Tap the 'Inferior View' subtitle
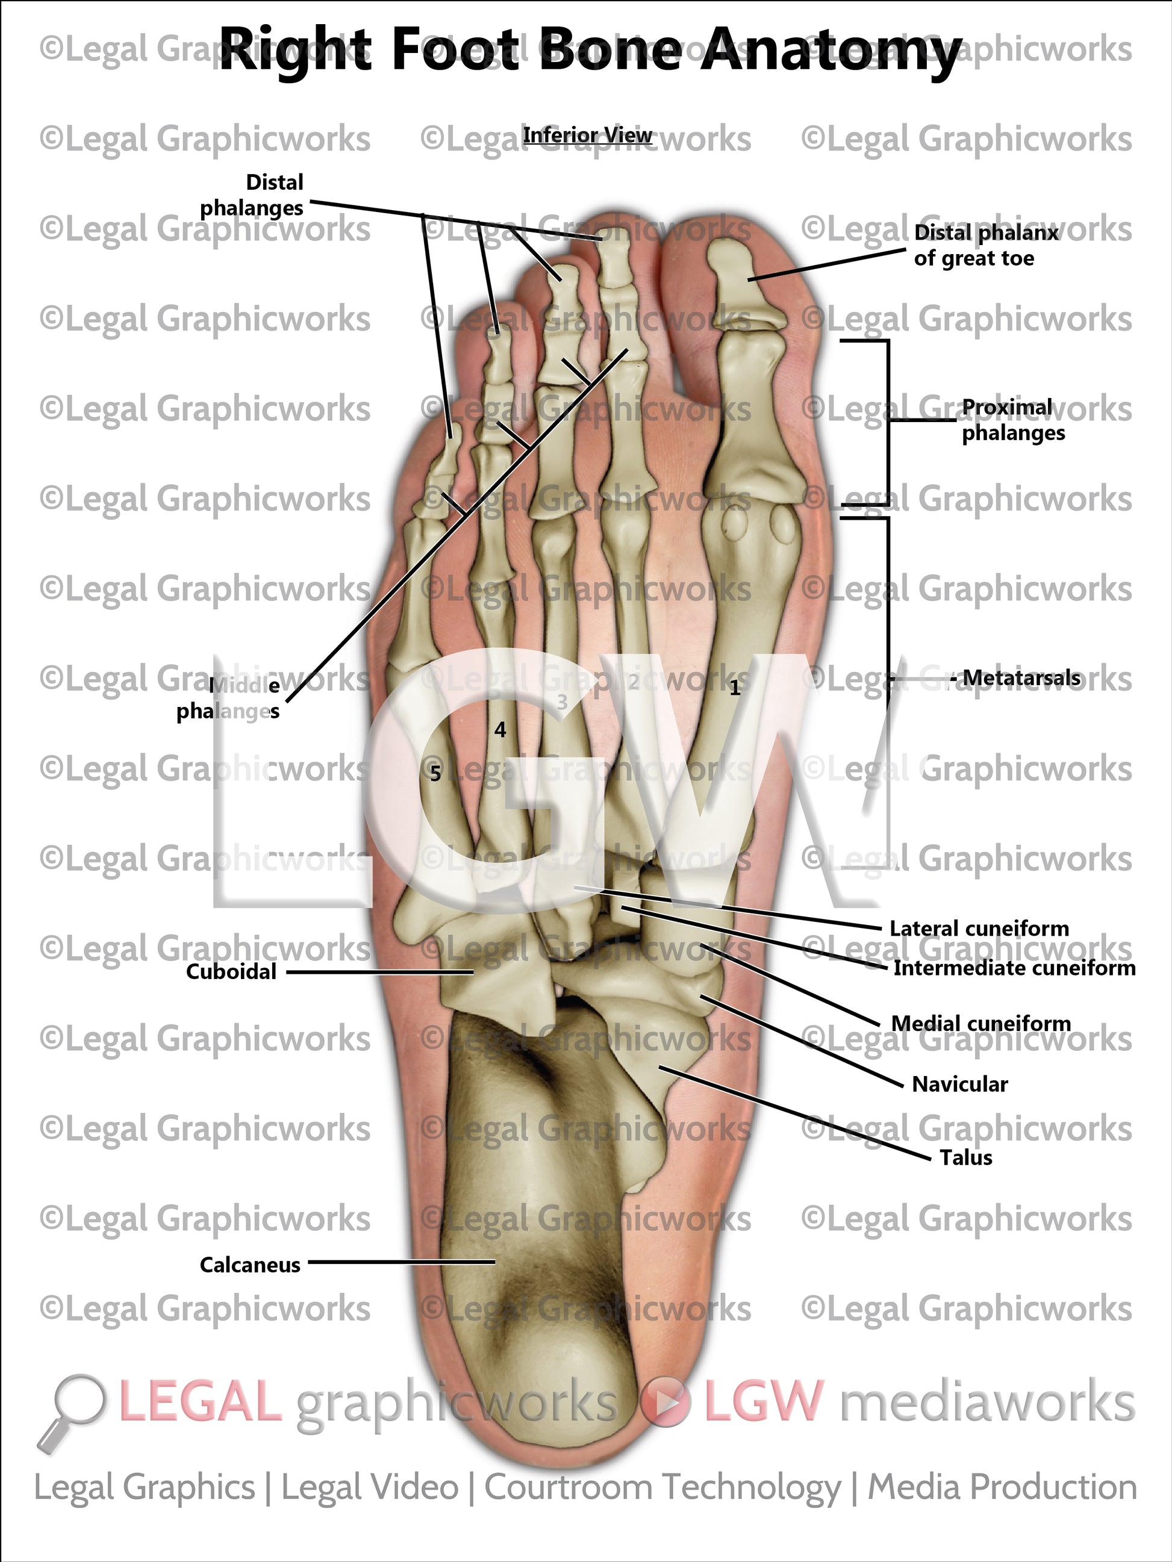pos(587,135)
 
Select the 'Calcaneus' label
pos(250,1264)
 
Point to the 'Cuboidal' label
pos(231,972)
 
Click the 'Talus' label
pos(965,1157)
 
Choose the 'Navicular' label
pos(959,1084)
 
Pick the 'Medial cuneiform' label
pos(980,1023)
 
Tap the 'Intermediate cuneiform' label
pos(1014,968)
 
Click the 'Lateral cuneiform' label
pos(979,929)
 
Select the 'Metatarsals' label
pos(1021,678)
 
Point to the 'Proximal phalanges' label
pos(1012,420)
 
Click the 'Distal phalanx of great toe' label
pos(985,245)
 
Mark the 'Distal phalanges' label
pos(252,195)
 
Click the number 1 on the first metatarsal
pos(735,688)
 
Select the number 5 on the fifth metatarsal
pos(435,774)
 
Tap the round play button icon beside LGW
pos(665,1402)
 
